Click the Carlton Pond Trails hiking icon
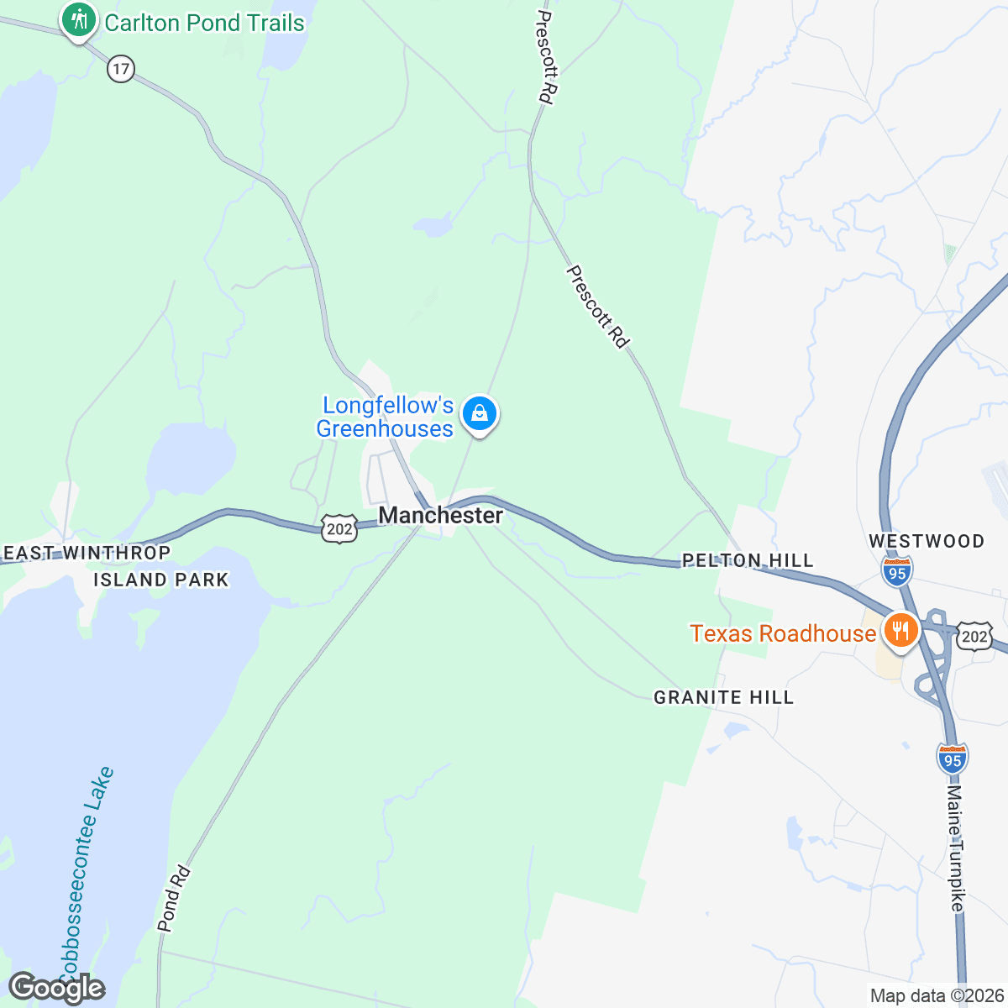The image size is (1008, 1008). (80, 18)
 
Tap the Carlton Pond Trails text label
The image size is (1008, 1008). (204, 23)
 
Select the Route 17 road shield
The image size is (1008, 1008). (121, 69)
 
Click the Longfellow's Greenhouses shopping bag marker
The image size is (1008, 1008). (480, 413)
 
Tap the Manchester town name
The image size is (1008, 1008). (441, 515)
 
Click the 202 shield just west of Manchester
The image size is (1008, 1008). (339, 529)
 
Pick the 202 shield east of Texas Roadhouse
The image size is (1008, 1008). (974, 636)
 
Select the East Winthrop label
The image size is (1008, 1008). (87, 553)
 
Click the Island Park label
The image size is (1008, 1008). (160, 580)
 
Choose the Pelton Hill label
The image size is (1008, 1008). (748, 560)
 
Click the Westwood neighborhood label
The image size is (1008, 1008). (927, 541)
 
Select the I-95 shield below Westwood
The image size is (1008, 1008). (897, 572)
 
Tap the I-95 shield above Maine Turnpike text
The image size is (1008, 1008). (952, 759)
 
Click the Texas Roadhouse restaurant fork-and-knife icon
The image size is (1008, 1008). (900, 630)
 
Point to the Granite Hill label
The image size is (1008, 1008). (723, 697)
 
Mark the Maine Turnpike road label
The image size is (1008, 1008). (956, 848)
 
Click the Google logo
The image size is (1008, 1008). (56, 988)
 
